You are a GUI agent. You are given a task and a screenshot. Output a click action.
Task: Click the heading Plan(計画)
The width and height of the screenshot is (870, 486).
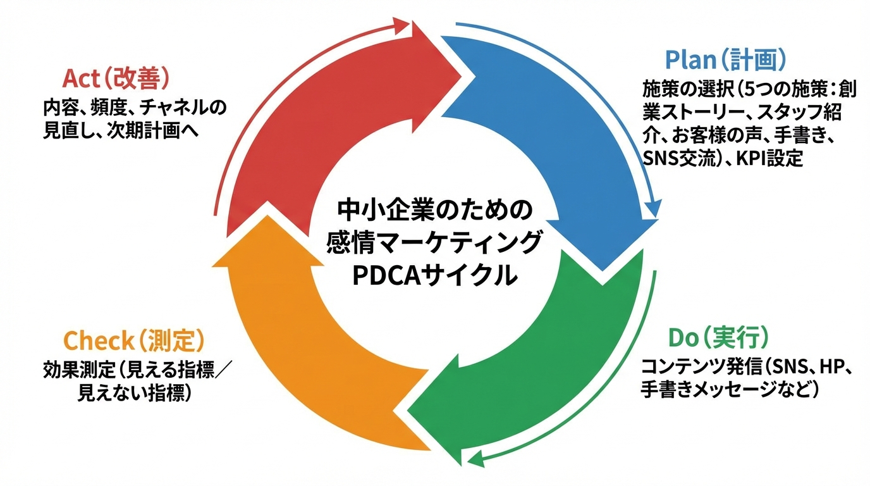[x=726, y=60]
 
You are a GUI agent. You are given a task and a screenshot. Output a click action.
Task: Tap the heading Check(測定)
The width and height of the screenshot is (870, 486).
[x=134, y=341]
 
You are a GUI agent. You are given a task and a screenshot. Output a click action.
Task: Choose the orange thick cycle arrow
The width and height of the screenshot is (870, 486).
[x=303, y=354]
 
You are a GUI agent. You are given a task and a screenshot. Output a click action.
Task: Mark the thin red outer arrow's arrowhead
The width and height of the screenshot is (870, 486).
[x=402, y=25]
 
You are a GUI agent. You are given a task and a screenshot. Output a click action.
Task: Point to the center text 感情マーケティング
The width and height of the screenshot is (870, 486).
[x=434, y=242]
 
